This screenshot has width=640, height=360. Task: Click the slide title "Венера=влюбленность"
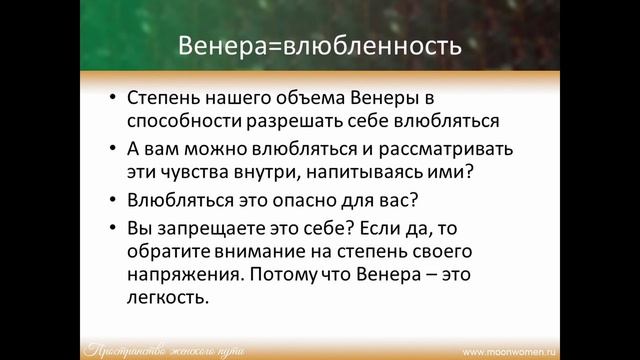coord(319,46)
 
